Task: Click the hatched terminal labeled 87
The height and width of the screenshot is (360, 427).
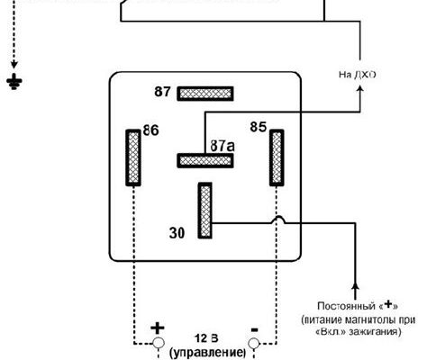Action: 205,94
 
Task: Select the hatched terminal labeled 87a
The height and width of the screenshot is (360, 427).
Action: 205,160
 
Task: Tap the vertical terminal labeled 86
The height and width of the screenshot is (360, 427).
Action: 133,157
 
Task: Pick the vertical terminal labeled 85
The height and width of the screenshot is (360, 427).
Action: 277,157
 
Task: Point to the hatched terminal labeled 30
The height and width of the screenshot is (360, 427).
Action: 205,211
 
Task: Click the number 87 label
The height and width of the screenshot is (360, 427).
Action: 162,92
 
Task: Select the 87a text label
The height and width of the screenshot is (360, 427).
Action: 223,146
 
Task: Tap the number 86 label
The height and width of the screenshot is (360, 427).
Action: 150,130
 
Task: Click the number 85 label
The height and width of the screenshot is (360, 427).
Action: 259,127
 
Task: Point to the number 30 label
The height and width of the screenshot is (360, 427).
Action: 177,233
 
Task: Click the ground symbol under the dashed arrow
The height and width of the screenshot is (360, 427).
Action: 14,82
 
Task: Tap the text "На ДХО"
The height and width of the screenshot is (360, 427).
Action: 358,75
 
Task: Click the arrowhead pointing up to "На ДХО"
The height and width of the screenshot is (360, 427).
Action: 360,88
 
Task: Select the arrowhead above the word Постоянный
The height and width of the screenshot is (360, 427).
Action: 355,286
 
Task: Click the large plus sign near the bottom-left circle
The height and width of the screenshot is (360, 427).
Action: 158,328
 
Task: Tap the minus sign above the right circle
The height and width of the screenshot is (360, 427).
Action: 254,330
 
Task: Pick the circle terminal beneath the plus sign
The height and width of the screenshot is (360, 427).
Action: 159,343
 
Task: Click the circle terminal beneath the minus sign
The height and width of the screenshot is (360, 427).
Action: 254,343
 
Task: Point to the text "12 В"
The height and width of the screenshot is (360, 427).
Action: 206,338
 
